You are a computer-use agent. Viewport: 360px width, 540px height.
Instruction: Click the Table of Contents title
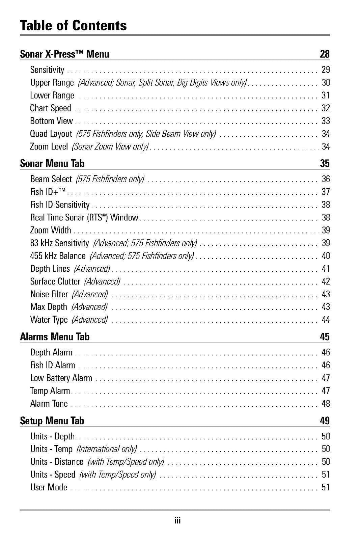pos(73,26)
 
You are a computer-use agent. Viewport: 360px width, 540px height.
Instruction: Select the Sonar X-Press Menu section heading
pos(64,54)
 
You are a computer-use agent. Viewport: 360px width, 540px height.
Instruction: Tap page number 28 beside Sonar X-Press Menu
pos(325,54)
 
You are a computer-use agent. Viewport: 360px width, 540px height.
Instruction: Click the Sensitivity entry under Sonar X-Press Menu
pos(47,70)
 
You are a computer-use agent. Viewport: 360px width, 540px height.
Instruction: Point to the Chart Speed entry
pos(51,108)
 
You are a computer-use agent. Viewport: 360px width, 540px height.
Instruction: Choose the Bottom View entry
pos(51,121)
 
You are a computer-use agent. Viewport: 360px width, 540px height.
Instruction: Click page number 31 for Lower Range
pos(326,96)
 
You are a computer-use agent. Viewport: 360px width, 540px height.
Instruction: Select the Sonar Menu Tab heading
pos(52,164)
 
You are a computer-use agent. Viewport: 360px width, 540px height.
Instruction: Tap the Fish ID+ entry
pos(48,192)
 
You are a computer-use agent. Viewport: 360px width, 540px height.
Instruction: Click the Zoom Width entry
pos(51,230)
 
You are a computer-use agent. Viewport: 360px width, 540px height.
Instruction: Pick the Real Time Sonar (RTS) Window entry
pos(84,217)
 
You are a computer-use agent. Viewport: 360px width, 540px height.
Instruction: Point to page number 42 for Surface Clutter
pos(326,281)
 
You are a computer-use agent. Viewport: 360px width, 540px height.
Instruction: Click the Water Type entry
pos(49,320)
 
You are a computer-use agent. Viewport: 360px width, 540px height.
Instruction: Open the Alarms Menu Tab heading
pos(55,337)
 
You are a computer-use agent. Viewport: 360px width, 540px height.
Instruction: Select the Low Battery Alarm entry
pos(61,378)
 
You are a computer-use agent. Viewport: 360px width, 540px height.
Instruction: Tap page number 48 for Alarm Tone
pos(326,404)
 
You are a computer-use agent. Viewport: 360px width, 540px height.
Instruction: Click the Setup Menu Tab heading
pos(52,421)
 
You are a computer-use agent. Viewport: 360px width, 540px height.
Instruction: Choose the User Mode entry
pos(49,487)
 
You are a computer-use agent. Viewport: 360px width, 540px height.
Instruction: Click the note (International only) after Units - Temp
pos(107,449)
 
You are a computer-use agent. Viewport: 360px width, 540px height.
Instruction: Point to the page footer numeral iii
pos(177,521)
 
